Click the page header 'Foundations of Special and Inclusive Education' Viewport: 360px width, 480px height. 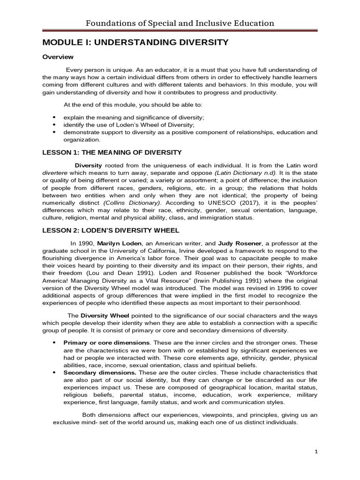[x=180, y=23]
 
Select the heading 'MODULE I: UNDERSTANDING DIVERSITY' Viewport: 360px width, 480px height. [x=135, y=42]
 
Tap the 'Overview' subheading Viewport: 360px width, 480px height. [x=58, y=57]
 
